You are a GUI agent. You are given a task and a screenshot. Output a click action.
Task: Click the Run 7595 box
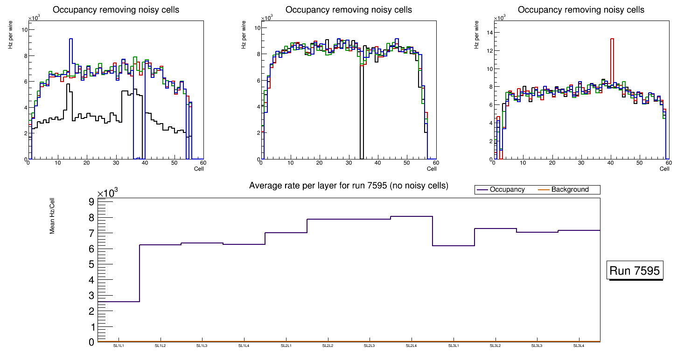pyautogui.click(x=635, y=270)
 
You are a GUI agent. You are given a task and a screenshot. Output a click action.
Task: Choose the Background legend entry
pyautogui.click(x=570, y=190)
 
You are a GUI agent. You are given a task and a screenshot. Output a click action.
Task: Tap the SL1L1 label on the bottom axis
pyautogui.click(x=119, y=346)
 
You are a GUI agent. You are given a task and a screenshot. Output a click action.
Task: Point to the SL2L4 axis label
pyautogui.click(x=411, y=346)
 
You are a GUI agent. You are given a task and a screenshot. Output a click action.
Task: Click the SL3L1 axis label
pyautogui.click(x=453, y=346)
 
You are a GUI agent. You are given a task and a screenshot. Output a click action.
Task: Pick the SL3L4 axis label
pyautogui.click(x=579, y=346)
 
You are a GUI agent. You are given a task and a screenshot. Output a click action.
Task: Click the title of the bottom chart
pyautogui.click(x=349, y=186)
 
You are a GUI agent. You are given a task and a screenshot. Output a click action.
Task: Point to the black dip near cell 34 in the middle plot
pyautogui.click(x=362, y=117)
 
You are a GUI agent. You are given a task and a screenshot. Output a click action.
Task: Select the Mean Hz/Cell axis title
pyautogui.click(x=52, y=215)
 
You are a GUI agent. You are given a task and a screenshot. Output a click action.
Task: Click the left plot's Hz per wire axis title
pyautogui.click(x=10, y=35)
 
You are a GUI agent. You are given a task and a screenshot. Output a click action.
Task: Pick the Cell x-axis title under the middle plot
pyautogui.click(x=432, y=169)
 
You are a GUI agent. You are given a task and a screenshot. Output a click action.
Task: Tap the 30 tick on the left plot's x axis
pyautogui.click(x=115, y=163)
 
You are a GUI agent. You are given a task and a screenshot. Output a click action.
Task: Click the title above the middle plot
pyautogui.click(x=349, y=10)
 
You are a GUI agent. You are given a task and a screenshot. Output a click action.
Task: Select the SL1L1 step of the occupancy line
pyautogui.click(x=119, y=302)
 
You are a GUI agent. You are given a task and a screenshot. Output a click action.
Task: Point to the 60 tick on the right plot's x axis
pyautogui.click(x=668, y=163)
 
